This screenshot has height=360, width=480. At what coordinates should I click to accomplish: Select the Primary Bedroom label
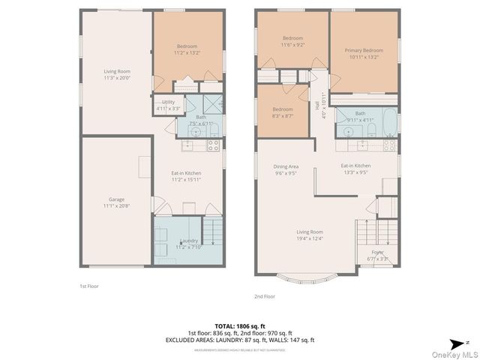[364, 50]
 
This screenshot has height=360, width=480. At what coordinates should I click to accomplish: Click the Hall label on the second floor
[317, 106]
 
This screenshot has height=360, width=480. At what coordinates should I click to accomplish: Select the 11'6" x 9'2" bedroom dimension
[292, 45]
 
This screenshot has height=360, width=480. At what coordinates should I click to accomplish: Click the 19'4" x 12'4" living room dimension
[309, 238]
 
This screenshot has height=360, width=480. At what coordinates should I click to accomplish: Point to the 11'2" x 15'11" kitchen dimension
[186, 180]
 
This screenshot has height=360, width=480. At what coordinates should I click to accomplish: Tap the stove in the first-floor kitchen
[213, 145]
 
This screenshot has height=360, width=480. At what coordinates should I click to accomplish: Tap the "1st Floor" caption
[89, 286]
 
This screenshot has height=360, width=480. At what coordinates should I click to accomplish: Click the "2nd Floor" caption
[265, 296]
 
